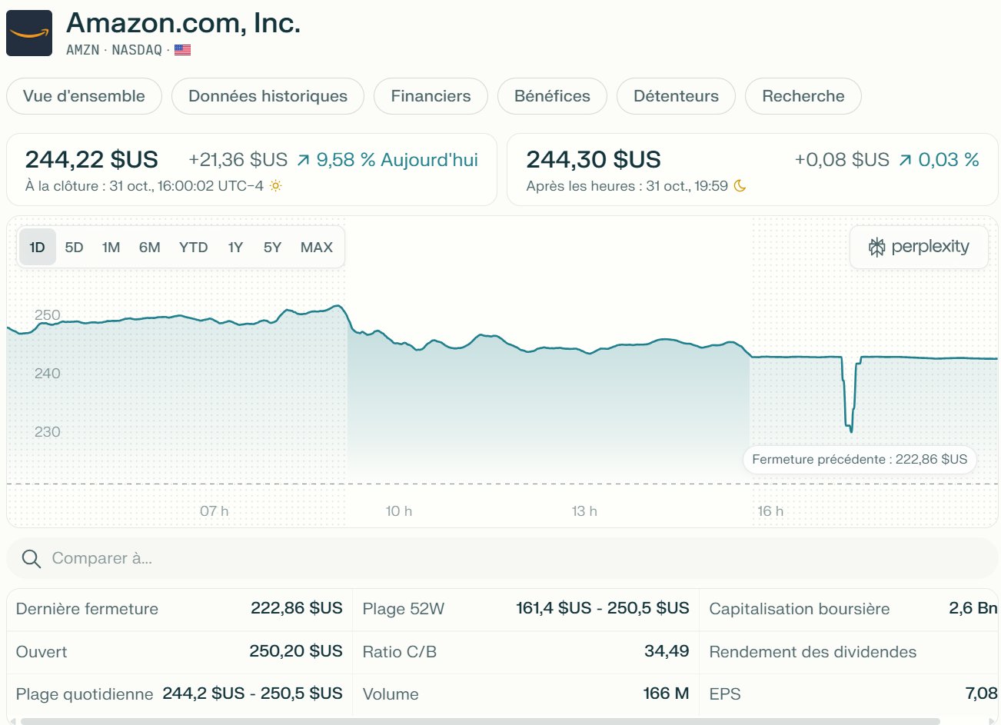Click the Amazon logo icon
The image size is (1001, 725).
coord(29,33)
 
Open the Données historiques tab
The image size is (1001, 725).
coord(268,96)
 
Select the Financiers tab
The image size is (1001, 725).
coord(431,96)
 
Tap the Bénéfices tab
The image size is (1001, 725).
coord(552,96)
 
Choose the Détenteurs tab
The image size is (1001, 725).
coord(676,96)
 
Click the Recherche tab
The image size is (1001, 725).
coord(803,96)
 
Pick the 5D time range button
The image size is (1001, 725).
coord(74,247)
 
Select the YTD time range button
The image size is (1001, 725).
coord(193,247)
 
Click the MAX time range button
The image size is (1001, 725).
coord(316,247)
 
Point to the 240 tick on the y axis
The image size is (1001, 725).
coord(47,374)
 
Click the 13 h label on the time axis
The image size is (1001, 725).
coord(584,511)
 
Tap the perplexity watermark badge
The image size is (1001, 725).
coord(919,247)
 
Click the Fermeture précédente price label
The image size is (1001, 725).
coord(860,460)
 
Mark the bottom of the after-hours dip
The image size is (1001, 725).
coord(851,431)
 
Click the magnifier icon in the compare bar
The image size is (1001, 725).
coord(32,559)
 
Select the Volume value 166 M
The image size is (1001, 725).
coord(666,693)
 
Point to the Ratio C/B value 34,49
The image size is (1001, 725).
coord(667,651)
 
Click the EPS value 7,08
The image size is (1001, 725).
coord(981,693)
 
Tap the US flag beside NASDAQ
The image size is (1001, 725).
coord(182,50)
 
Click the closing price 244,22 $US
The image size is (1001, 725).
coord(91,160)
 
